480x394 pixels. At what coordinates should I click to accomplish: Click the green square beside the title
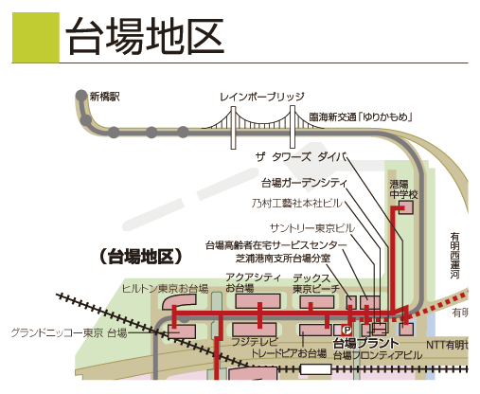coord(36,38)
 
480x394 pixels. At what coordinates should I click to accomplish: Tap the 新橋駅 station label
coord(105,97)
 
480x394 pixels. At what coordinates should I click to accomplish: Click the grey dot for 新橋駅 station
coord(81,95)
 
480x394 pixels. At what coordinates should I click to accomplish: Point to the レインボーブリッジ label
coord(262,97)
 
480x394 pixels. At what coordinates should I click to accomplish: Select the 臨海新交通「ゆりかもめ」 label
coord(361,117)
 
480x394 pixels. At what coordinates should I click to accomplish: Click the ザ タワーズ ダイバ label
coord(301,156)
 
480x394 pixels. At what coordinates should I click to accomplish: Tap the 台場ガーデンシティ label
coord(304,183)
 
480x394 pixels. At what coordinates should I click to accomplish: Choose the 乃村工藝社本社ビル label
coord(296,203)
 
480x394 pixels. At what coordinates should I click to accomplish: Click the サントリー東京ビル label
coord(312,227)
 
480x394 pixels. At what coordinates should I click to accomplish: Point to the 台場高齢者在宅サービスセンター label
coord(276,245)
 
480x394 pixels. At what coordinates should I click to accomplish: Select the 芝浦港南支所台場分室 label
coord(283,259)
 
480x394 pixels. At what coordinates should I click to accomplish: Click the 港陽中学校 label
coord(403,189)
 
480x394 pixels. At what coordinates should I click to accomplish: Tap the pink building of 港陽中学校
coord(406,208)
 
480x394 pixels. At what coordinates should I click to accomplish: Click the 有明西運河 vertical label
coord(454,256)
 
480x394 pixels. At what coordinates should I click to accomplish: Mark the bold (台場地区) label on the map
coord(141,257)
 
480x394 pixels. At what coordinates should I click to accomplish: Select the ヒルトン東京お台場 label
coord(165,289)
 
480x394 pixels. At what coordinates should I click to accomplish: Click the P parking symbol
coord(347,331)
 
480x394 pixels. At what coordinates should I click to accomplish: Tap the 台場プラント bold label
coord(366,343)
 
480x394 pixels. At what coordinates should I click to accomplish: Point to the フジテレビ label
coord(255,342)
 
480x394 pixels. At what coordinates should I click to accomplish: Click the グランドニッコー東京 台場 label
coord(69,332)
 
